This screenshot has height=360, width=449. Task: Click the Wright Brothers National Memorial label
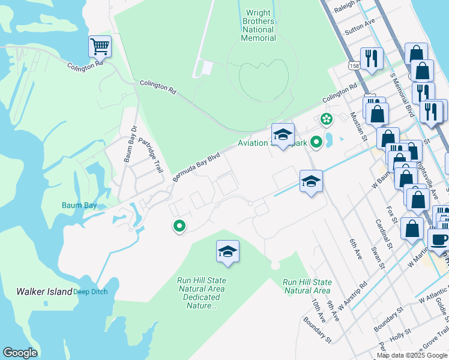[258, 25]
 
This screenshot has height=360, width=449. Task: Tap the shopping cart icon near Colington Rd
[99, 46]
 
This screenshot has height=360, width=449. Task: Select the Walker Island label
[44, 292]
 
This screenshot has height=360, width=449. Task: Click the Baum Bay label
[79, 205]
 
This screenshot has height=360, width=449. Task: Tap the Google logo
[20, 353]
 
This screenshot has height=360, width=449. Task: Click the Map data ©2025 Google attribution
[412, 355]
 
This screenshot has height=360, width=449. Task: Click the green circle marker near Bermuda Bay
[178, 226]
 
